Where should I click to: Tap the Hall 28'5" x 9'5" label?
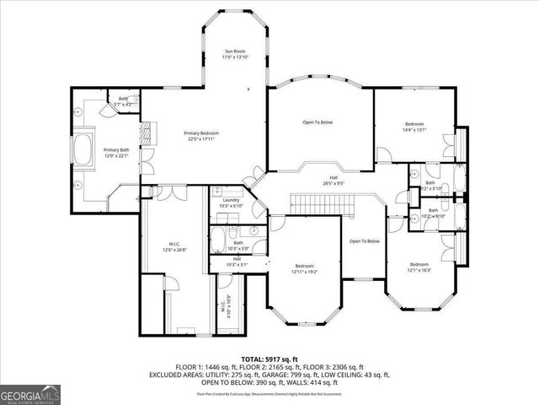(x=334, y=181)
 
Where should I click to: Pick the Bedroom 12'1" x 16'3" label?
(x=419, y=267)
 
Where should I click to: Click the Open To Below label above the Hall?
(x=318, y=122)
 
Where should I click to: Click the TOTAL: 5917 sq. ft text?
(x=269, y=359)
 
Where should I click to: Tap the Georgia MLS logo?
(x=29, y=393)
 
